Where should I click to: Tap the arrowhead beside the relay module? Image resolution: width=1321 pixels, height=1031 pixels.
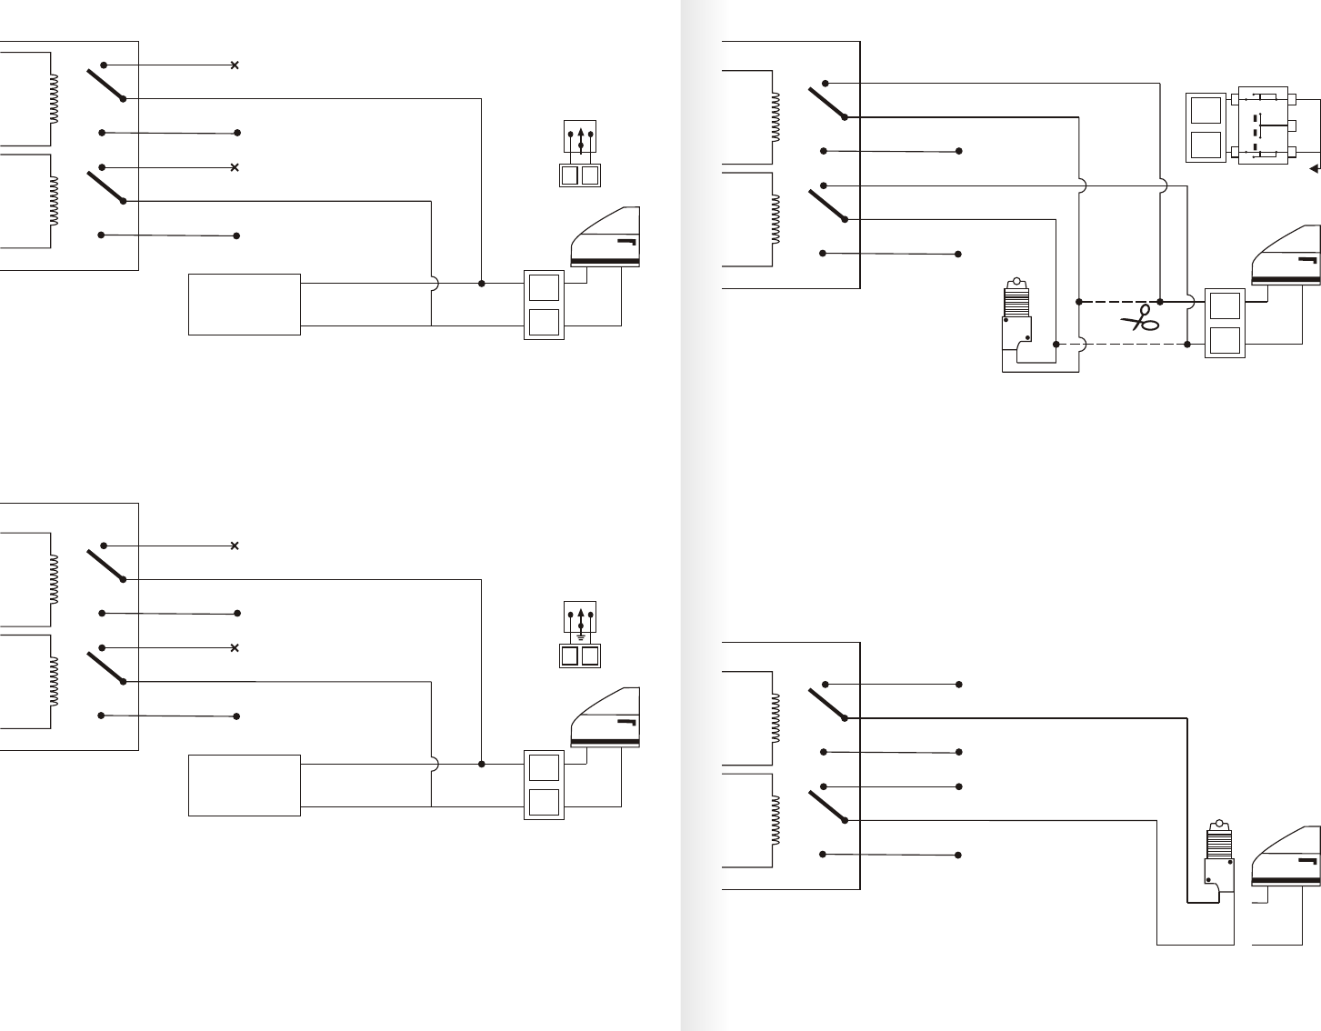coord(1314,168)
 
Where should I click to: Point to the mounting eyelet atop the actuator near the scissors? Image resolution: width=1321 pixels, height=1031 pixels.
coord(1016,283)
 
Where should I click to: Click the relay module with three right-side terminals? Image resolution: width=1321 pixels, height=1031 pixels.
coord(1258,126)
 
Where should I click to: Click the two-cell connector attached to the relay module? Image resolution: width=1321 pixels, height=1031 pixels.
coord(1206,126)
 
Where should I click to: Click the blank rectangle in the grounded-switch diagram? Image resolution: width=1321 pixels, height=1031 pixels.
coord(244,785)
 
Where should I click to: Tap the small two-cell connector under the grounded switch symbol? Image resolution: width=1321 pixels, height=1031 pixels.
coord(581,655)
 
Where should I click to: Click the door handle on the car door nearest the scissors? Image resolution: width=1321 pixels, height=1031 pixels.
coord(1307,261)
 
